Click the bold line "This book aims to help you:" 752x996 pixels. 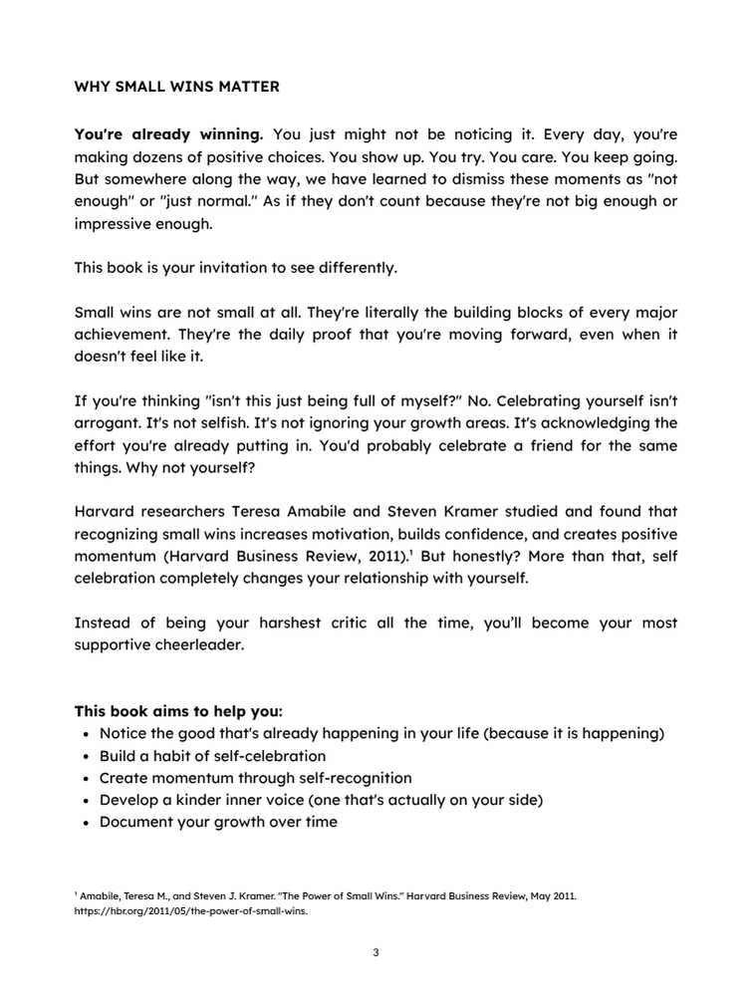point(178,712)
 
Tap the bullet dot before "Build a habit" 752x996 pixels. point(87,756)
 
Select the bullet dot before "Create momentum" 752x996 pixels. point(87,778)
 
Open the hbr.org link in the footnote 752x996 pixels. point(190,910)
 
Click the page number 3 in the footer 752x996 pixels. point(376,953)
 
